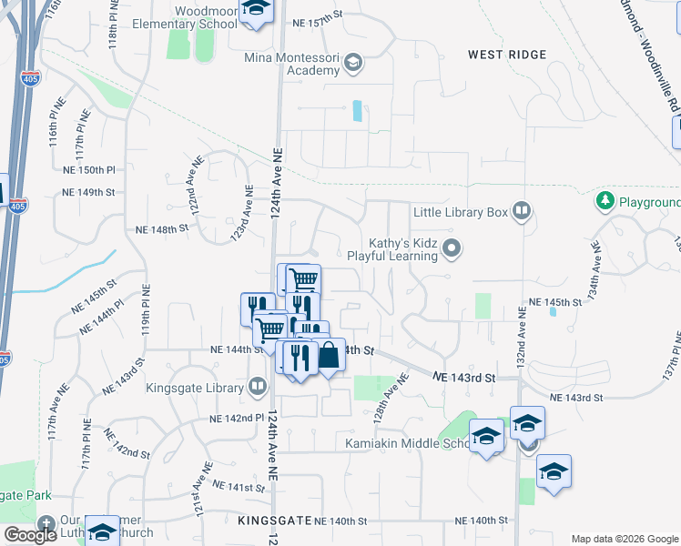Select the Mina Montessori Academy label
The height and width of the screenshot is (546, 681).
click(x=290, y=64)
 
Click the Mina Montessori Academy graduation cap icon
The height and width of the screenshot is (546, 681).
click(x=353, y=64)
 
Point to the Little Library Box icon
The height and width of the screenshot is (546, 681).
click(x=521, y=212)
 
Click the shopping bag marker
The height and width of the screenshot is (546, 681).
click(x=328, y=356)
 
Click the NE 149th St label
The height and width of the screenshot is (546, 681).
click(x=88, y=193)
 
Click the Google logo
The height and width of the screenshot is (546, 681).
click(x=30, y=535)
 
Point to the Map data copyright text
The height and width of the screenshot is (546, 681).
click(x=624, y=538)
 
